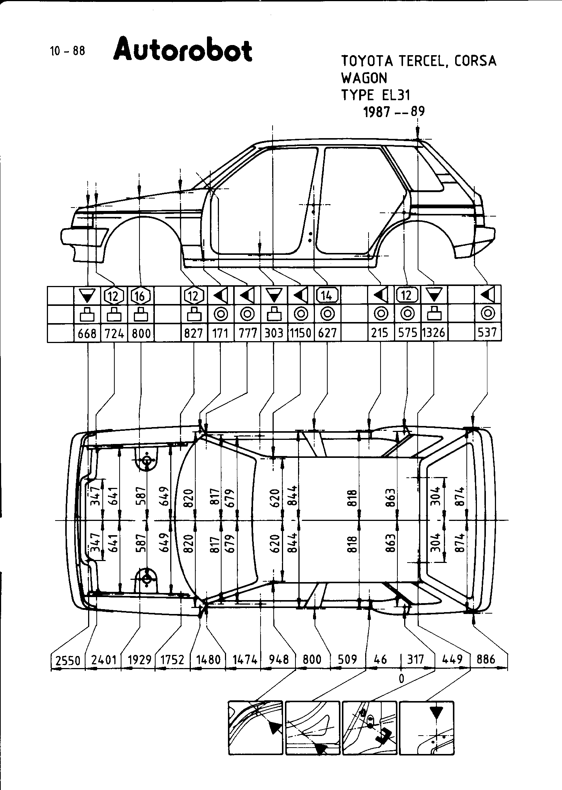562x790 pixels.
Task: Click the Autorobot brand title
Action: (x=183, y=50)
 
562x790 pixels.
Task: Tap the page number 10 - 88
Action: (x=67, y=51)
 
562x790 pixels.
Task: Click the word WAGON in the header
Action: (x=364, y=78)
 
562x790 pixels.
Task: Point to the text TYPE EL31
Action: (x=376, y=95)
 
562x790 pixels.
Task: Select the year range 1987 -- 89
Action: (x=394, y=111)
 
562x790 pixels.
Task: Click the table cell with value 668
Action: (x=87, y=333)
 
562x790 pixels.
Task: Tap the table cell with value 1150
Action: (x=300, y=333)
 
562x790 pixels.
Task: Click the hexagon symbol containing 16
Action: (x=141, y=296)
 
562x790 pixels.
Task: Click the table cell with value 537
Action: (x=487, y=333)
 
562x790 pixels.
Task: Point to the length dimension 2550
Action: (x=68, y=660)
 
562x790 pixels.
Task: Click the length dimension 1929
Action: (x=139, y=660)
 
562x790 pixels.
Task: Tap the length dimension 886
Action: (x=486, y=659)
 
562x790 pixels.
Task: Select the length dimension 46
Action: (x=381, y=659)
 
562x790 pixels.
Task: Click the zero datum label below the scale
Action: (x=402, y=678)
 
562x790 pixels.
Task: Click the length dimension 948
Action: (x=279, y=659)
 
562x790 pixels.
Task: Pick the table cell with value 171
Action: (x=220, y=333)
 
